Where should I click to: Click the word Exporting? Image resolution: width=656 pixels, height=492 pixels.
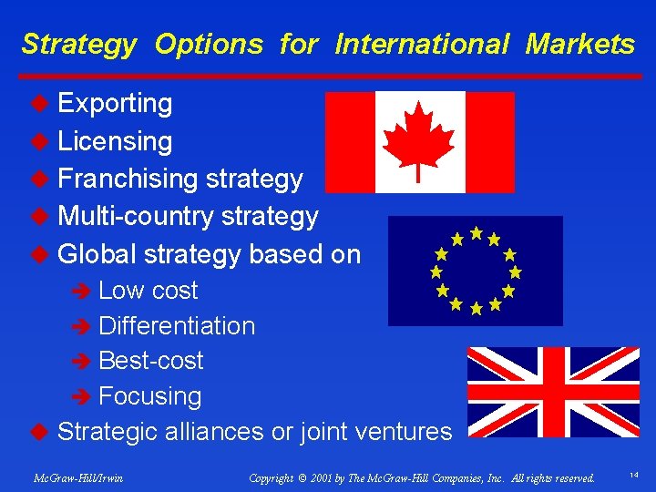[x=115, y=104]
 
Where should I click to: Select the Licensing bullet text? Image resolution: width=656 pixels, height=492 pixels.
[x=115, y=141]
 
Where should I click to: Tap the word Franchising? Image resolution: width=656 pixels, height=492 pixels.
[x=128, y=179]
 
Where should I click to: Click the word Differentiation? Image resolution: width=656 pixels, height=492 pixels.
[x=177, y=325]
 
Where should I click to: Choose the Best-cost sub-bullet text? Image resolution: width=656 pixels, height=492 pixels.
[x=150, y=361]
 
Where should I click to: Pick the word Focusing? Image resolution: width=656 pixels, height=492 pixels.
[x=149, y=396]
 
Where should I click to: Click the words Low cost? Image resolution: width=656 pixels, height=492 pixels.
[x=148, y=291]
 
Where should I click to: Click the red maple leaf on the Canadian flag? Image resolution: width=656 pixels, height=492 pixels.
[x=418, y=138]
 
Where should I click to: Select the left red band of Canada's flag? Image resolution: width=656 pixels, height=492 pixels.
[x=350, y=142]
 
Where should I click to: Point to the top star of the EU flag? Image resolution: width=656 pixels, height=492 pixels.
[x=476, y=233]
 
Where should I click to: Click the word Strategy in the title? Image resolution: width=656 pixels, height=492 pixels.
[x=78, y=44]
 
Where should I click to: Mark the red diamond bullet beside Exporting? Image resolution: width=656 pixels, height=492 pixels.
[x=38, y=104]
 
